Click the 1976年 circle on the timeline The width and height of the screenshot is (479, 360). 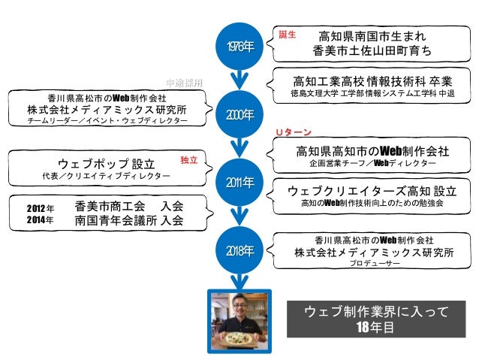click(x=239, y=47)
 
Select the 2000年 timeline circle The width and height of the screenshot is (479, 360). click(x=239, y=114)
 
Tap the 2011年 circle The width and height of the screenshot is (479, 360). click(x=239, y=181)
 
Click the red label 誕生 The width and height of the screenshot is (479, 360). click(x=288, y=35)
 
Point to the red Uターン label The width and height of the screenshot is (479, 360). click(x=293, y=133)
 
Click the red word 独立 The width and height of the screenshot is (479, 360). click(x=189, y=160)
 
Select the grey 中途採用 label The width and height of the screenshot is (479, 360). click(x=184, y=81)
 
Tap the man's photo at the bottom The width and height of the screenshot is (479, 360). click(x=239, y=321)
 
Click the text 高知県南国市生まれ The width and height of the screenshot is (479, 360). click(x=372, y=35)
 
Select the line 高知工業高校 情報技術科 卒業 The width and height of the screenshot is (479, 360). click(x=372, y=80)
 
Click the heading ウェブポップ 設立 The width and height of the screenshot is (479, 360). click(x=106, y=163)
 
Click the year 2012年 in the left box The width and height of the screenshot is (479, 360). click(x=41, y=207)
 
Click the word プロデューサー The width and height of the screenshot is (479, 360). click(x=374, y=265)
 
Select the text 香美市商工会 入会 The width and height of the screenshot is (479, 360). click(x=129, y=206)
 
